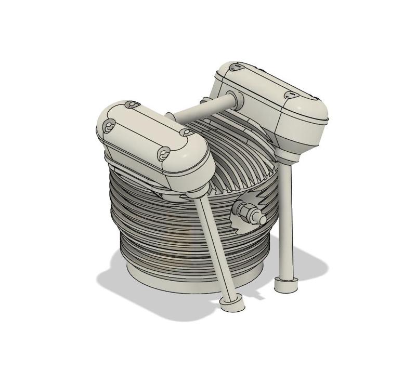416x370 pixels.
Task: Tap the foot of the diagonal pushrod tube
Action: pyautogui.click(x=232, y=305)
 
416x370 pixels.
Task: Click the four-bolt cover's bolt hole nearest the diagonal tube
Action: pyautogui.click(x=165, y=154)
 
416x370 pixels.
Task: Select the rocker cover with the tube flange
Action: pyautogui.click(x=276, y=104)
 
